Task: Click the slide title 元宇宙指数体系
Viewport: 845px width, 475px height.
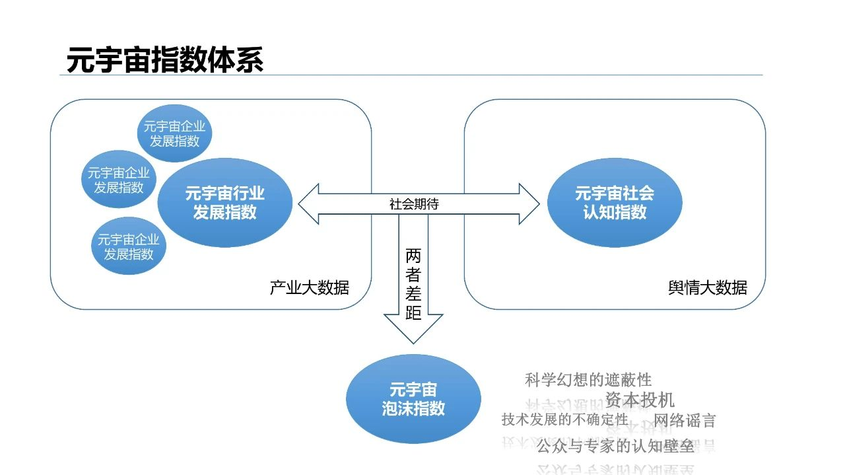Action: [165, 60]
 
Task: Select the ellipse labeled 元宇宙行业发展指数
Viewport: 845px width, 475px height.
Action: [225, 203]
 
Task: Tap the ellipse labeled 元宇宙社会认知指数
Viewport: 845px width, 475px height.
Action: [615, 203]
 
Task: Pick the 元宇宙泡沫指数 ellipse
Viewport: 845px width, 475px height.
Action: [413, 399]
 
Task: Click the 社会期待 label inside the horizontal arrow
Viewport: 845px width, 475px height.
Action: [414, 204]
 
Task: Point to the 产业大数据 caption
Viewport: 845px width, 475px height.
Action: [309, 288]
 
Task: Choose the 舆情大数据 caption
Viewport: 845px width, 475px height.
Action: [708, 288]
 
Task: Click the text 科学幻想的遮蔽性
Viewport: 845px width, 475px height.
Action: [588, 380]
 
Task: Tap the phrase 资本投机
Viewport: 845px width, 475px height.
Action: [640, 400]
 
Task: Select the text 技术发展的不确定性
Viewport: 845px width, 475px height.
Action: [565, 420]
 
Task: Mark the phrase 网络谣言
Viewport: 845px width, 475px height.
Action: [685, 421]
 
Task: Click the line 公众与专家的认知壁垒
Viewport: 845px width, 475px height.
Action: [615, 447]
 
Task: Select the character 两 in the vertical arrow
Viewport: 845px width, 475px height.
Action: [413, 256]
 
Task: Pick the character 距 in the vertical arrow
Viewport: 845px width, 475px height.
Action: [413, 312]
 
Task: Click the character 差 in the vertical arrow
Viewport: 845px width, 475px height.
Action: [413, 293]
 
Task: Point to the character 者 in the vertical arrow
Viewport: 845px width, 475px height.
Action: [413, 274]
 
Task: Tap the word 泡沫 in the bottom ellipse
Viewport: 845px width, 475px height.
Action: [397, 408]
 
